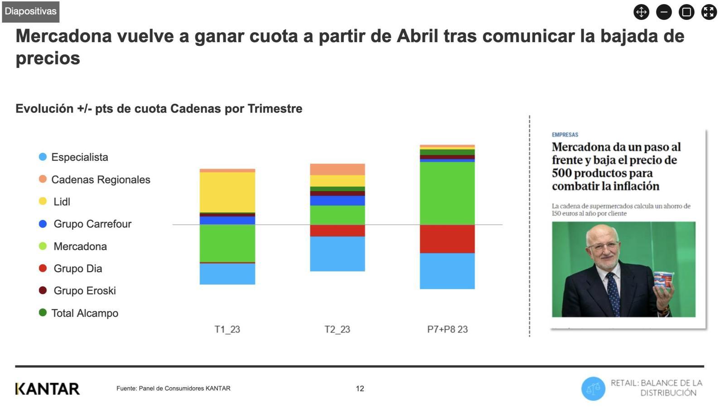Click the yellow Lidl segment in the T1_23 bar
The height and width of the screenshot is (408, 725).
click(227, 192)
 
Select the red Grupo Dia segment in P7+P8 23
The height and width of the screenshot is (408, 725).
click(447, 239)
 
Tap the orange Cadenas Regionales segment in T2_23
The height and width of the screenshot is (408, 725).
click(337, 169)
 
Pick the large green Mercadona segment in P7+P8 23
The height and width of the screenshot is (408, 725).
click(447, 193)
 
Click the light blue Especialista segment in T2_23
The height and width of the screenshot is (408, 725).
click(337, 254)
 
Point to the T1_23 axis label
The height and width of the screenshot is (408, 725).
click(227, 330)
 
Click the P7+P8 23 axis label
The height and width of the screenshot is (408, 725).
click(447, 330)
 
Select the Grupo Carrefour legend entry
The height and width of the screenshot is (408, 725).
click(92, 224)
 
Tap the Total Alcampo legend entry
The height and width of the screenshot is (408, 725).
click(85, 313)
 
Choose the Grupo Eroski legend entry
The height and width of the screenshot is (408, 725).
click(84, 291)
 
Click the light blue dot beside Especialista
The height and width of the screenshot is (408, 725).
click(43, 157)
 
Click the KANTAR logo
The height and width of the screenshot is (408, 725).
click(48, 389)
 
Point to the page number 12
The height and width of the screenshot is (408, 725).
click(360, 389)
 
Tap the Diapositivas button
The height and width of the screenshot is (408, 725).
click(31, 11)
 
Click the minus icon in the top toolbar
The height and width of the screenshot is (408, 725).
click(664, 12)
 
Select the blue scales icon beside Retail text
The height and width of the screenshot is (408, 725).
click(593, 389)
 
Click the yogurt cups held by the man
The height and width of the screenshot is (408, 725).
click(663, 280)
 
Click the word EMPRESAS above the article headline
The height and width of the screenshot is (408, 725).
click(565, 135)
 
